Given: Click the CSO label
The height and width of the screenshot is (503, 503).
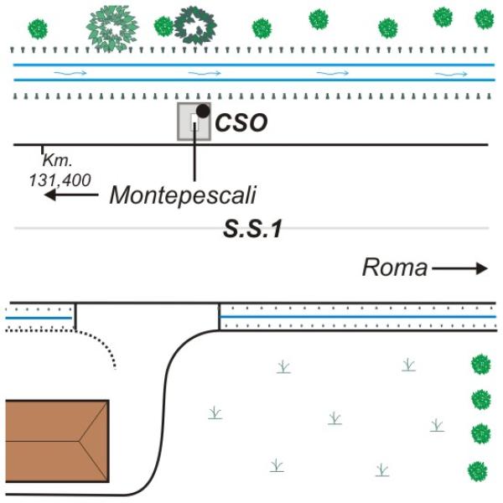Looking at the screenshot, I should (241, 123).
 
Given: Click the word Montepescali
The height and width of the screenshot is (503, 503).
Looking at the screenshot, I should (182, 195).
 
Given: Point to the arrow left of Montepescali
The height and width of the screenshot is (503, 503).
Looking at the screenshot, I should (71, 195).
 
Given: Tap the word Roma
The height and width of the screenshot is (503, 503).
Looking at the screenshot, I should (394, 268).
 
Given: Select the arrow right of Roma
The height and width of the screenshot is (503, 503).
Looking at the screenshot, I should (459, 268).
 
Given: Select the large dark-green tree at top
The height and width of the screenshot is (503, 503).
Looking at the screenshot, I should (194, 25).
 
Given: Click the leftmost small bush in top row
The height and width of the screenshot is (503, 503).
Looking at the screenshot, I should (38, 29).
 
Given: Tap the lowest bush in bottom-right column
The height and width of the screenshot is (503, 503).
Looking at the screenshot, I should (478, 470).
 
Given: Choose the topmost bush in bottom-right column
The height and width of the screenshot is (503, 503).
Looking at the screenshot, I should (480, 365).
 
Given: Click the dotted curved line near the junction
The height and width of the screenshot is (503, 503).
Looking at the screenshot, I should (101, 344).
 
